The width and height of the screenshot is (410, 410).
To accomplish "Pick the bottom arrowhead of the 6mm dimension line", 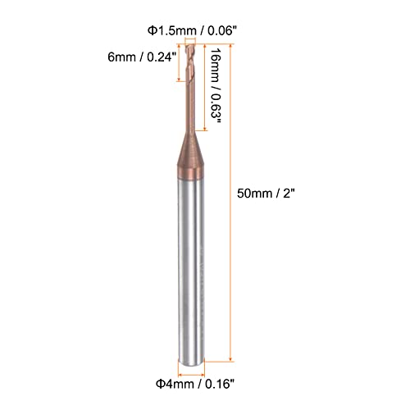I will (180, 82).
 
